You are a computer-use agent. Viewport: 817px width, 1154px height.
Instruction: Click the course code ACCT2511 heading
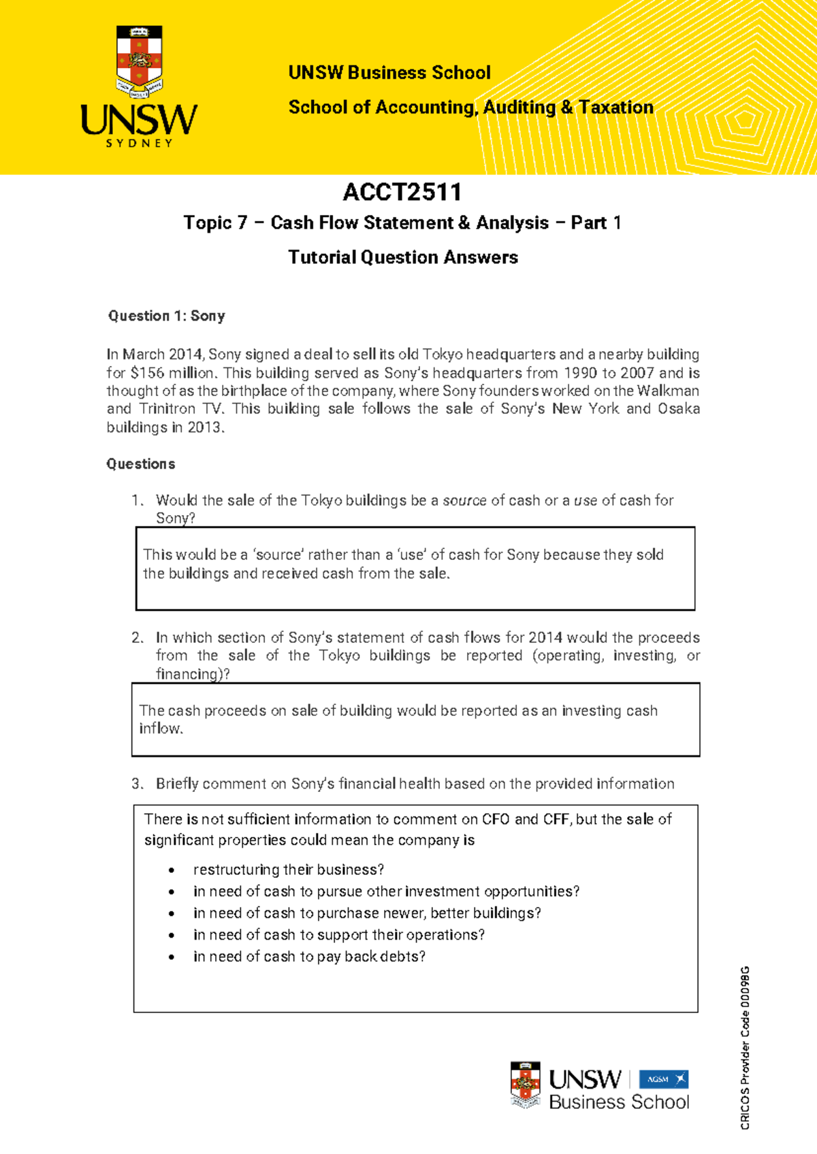[402, 193]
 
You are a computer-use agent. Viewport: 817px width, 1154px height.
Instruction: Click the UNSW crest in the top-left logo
[139, 59]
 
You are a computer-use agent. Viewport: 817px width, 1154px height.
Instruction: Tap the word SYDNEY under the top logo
[139, 144]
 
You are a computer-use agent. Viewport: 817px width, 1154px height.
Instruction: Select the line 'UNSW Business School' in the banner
[389, 73]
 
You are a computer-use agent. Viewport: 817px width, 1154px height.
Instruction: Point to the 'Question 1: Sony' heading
[166, 316]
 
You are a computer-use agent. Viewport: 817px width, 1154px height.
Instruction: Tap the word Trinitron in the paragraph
[165, 409]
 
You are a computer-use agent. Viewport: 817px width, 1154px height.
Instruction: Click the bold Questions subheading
[141, 464]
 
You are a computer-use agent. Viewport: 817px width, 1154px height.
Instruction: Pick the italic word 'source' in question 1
[464, 501]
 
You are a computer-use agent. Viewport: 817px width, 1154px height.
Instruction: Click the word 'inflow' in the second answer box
[160, 729]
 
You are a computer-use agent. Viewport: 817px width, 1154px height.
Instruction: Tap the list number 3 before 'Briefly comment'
[137, 784]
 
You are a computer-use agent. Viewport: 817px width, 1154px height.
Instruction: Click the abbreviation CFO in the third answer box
[496, 819]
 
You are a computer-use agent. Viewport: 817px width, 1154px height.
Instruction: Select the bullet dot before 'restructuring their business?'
[172, 870]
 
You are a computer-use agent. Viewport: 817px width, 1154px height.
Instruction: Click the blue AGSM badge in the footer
[663, 1079]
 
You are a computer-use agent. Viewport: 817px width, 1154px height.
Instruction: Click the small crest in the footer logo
[525, 1084]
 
